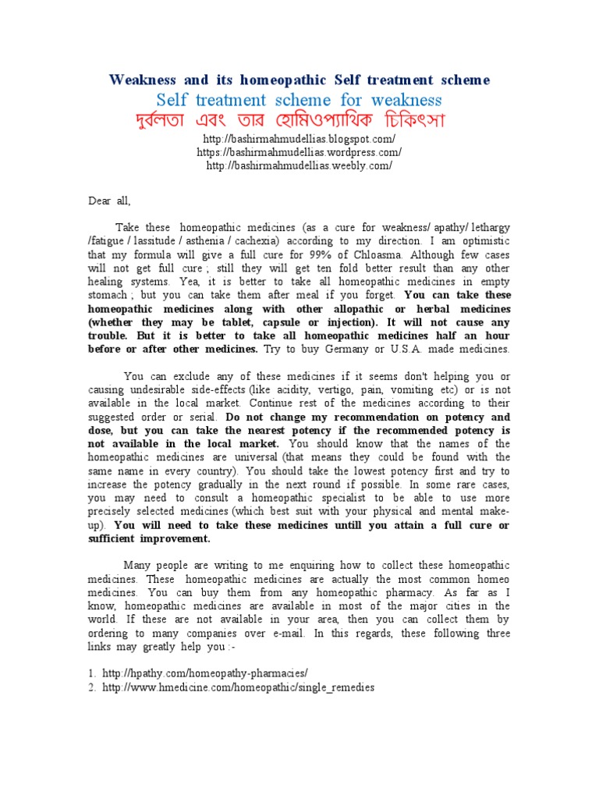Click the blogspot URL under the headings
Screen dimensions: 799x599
click(299, 138)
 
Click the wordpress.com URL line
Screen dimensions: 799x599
click(299, 152)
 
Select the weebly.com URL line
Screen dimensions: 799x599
click(299, 165)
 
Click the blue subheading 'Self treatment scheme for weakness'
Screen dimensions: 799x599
click(299, 100)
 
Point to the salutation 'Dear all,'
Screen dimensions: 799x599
click(109, 201)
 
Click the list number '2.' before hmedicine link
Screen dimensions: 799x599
click(92, 687)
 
